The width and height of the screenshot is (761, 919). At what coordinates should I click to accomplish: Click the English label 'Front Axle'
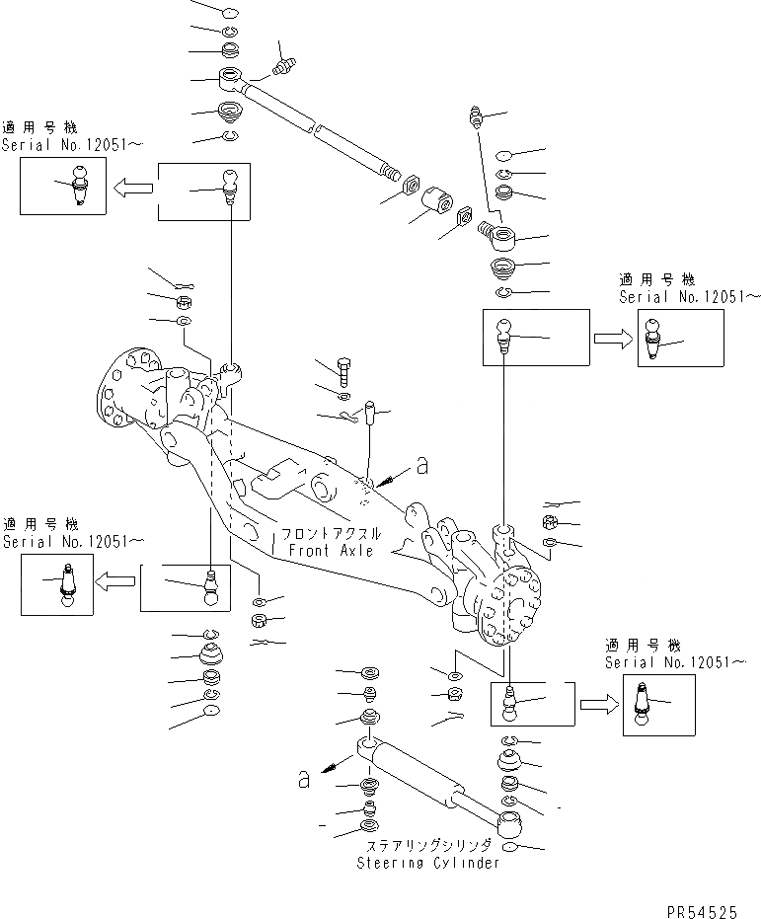point(328,551)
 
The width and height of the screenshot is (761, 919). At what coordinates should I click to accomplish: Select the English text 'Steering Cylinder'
point(427,863)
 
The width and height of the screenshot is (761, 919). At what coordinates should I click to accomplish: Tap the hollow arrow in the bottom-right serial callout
point(596,705)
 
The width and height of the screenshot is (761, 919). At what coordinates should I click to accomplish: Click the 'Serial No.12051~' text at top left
point(71,144)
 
